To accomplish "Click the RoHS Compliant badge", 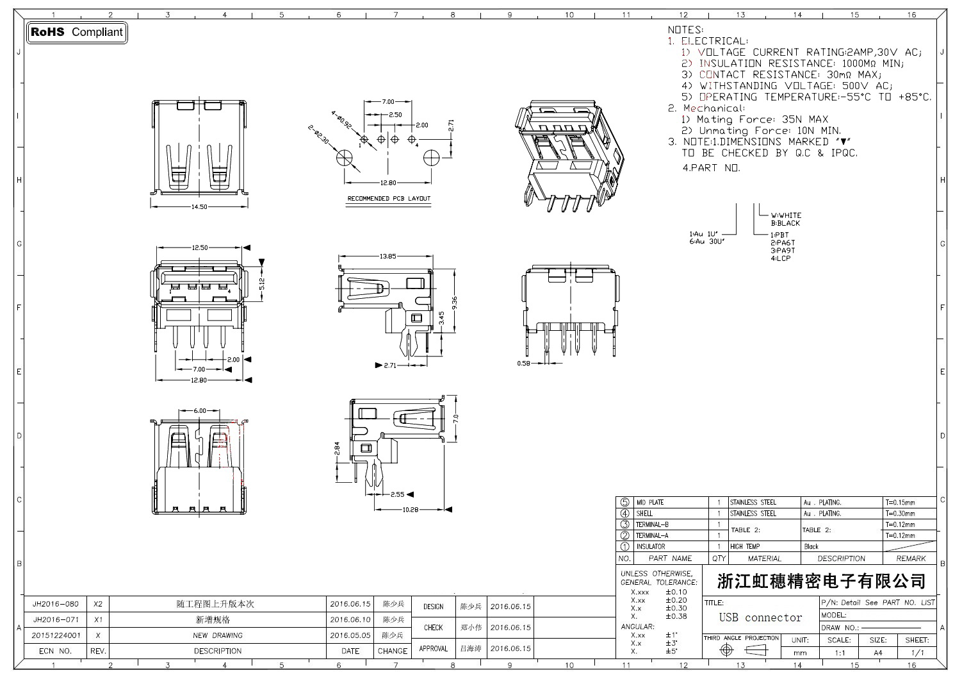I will [x=77, y=32].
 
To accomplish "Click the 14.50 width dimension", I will [x=199, y=206].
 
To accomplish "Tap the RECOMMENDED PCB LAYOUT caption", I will [x=389, y=199].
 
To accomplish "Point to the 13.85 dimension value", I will [x=387, y=256].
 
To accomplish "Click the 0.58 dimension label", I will [x=524, y=364].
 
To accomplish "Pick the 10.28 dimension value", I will [x=410, y=510].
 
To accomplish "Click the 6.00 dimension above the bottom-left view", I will [x=200, y=411].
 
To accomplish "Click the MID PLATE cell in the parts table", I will [x=649, y=503].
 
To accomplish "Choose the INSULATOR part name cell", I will [x=650, y=547].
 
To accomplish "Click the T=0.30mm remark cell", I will [x=900, y=514].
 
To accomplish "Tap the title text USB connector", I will [x=760, y=617].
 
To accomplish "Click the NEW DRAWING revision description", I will [x=218, y=635].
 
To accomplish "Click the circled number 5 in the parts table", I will [x=624, y=503].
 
